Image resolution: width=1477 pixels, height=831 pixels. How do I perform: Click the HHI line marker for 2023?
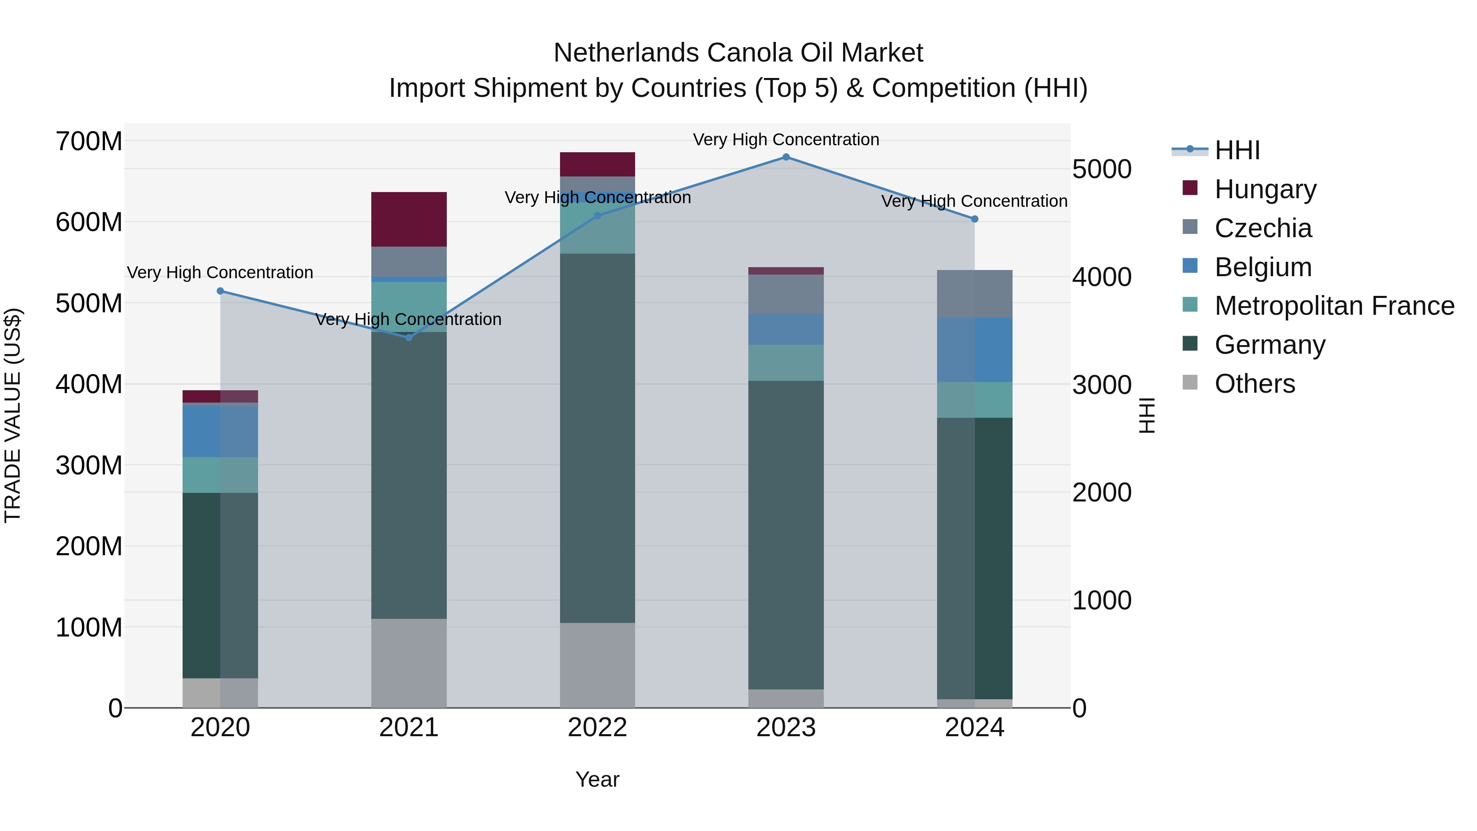pos(786,157)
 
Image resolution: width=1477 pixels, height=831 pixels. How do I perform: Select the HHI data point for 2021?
pos(409,338)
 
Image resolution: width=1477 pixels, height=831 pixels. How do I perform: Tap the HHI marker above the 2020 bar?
pos(220,291)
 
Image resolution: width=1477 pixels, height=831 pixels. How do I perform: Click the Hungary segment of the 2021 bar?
pos(409,219)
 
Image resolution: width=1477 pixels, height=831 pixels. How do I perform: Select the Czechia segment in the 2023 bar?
pos(786,294)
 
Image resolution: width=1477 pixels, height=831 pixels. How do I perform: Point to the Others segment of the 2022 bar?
pos(597,665)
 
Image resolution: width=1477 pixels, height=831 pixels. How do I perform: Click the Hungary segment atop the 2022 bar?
pos(597,165)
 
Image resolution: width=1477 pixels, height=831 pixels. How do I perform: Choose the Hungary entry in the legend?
pos(1265,189)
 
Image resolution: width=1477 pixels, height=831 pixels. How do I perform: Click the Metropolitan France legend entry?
pos(1334,306)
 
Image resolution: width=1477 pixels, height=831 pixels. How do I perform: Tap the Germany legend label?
pos(1269,345)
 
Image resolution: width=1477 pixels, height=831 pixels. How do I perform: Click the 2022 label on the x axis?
pos(597,728)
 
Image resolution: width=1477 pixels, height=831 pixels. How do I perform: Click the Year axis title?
pos(597,779)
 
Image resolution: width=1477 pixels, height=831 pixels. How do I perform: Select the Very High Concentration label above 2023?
pos(786,140)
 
